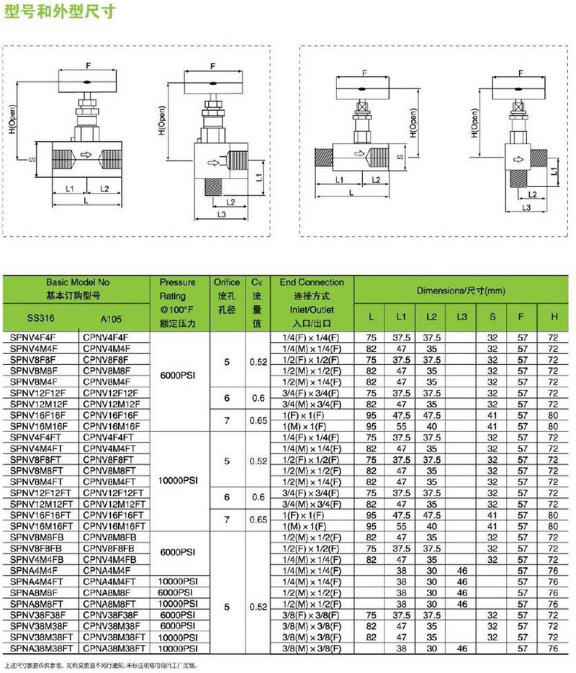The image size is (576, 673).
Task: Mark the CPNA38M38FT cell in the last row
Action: point(114,648)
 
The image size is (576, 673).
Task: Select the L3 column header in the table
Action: point(462,317)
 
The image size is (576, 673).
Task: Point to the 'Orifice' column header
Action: point(227,283)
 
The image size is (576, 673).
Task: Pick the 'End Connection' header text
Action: point(312,283)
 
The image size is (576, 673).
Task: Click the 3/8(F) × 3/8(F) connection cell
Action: point(311,615)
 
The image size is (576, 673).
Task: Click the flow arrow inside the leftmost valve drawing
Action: point(87,154)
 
